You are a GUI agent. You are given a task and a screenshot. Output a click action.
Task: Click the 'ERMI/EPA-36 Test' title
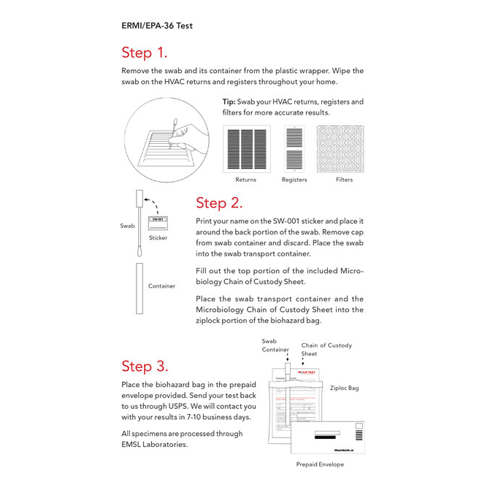[157, 25]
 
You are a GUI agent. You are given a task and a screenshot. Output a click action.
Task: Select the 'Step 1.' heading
[144, 53]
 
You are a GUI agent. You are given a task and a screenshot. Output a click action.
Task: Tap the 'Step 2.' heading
[219, 203]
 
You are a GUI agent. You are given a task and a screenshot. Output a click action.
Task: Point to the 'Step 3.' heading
[145, 366]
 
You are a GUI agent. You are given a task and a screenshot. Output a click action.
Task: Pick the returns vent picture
[246, 149]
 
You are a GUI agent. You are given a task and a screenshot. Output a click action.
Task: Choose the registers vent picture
[294, 149]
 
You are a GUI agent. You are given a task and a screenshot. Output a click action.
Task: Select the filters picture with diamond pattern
[340, 149]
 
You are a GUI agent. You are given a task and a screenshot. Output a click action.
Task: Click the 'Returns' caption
[246, 180]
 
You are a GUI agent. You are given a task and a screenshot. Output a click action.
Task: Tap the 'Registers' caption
[294, 180]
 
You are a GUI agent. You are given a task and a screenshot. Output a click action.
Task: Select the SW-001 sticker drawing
[157, 222]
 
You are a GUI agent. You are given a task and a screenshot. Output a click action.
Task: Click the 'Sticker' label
[158, 238]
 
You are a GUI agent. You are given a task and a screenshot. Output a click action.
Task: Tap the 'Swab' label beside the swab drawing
[127, 226]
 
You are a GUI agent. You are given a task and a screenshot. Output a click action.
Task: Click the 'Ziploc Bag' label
[344, 388]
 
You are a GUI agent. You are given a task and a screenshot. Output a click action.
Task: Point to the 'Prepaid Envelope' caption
[320, 464]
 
